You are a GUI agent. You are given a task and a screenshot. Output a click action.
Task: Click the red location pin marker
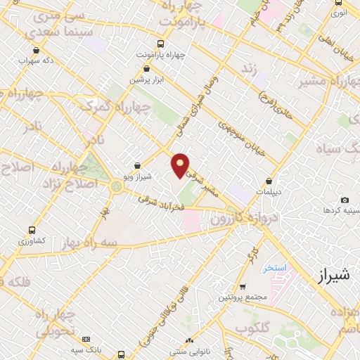(181, 165)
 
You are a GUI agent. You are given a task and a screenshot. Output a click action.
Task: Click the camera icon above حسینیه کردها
(345, 200)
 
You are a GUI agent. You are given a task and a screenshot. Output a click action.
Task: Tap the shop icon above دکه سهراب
(37, 50)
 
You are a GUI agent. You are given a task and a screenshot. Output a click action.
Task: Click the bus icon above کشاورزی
(32, 230)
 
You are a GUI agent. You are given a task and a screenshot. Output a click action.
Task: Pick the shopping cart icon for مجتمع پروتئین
(243, 287)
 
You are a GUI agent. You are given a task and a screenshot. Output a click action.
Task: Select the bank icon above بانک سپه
(86, 340)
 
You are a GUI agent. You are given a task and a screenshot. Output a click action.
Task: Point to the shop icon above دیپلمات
(269, 181)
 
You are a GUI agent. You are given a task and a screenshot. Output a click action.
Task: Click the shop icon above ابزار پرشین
(146, 69)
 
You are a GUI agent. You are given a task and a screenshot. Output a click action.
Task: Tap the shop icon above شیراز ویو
(137, 165)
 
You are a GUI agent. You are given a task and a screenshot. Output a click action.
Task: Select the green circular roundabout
(116, 186)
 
